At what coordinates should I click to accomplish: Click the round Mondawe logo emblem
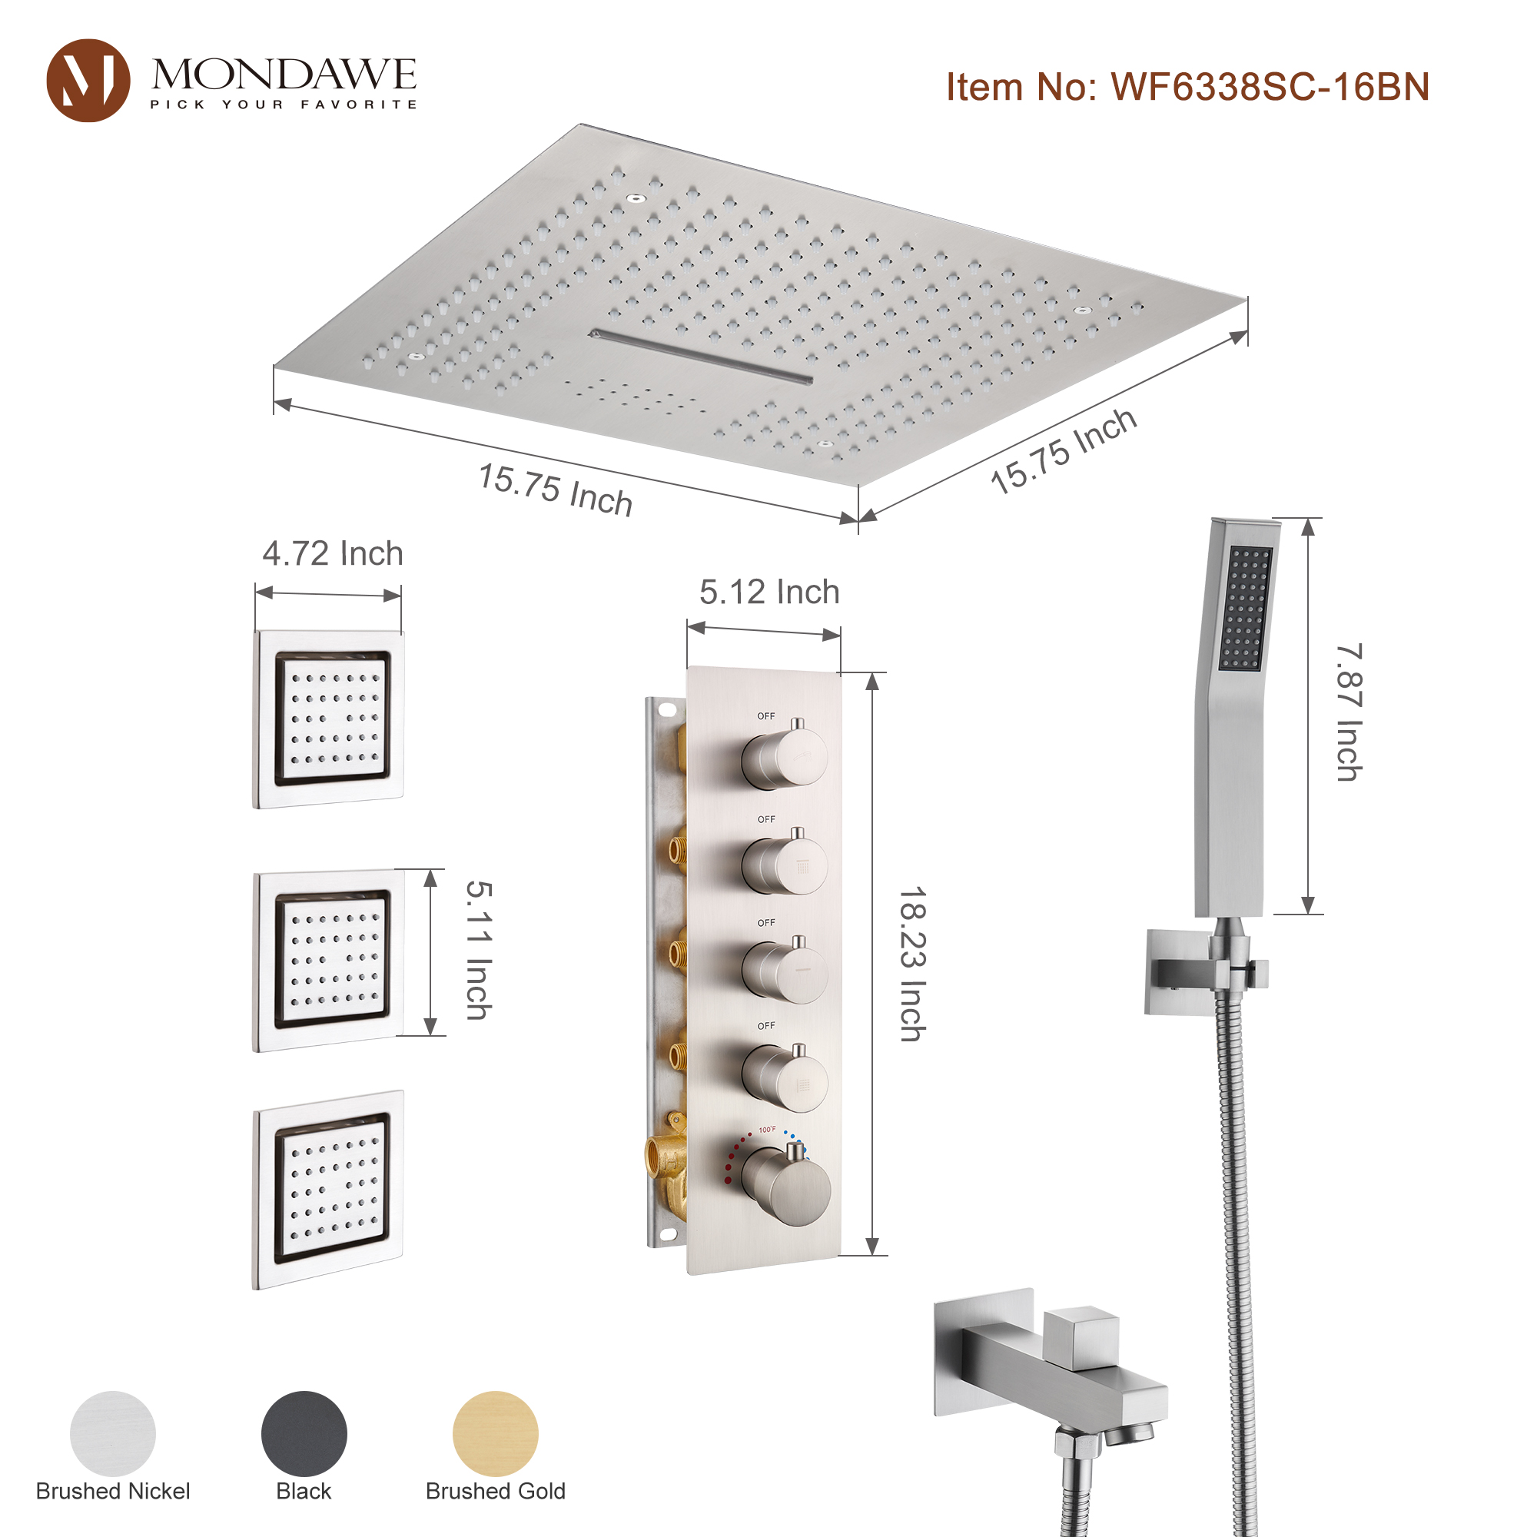click(88, 81)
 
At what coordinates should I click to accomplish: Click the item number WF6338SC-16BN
click(1187, 87)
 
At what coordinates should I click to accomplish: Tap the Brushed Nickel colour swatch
click(112, 1433)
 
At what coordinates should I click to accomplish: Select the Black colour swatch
click(304, 1433)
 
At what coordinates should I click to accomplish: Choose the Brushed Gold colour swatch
click(495, 1433)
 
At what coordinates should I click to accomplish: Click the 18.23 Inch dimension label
click(912, 964)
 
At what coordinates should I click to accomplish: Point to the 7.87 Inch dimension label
click(1349, 712)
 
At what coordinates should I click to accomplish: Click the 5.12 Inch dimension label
click(768, 592)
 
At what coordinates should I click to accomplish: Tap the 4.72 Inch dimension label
click(333, 553)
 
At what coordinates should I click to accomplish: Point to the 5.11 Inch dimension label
click(479, 950)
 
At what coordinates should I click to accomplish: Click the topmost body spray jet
click(330, 719)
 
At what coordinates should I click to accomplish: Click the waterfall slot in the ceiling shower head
click(700, 355)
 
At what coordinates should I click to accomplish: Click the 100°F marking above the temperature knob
click(767, 1130)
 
